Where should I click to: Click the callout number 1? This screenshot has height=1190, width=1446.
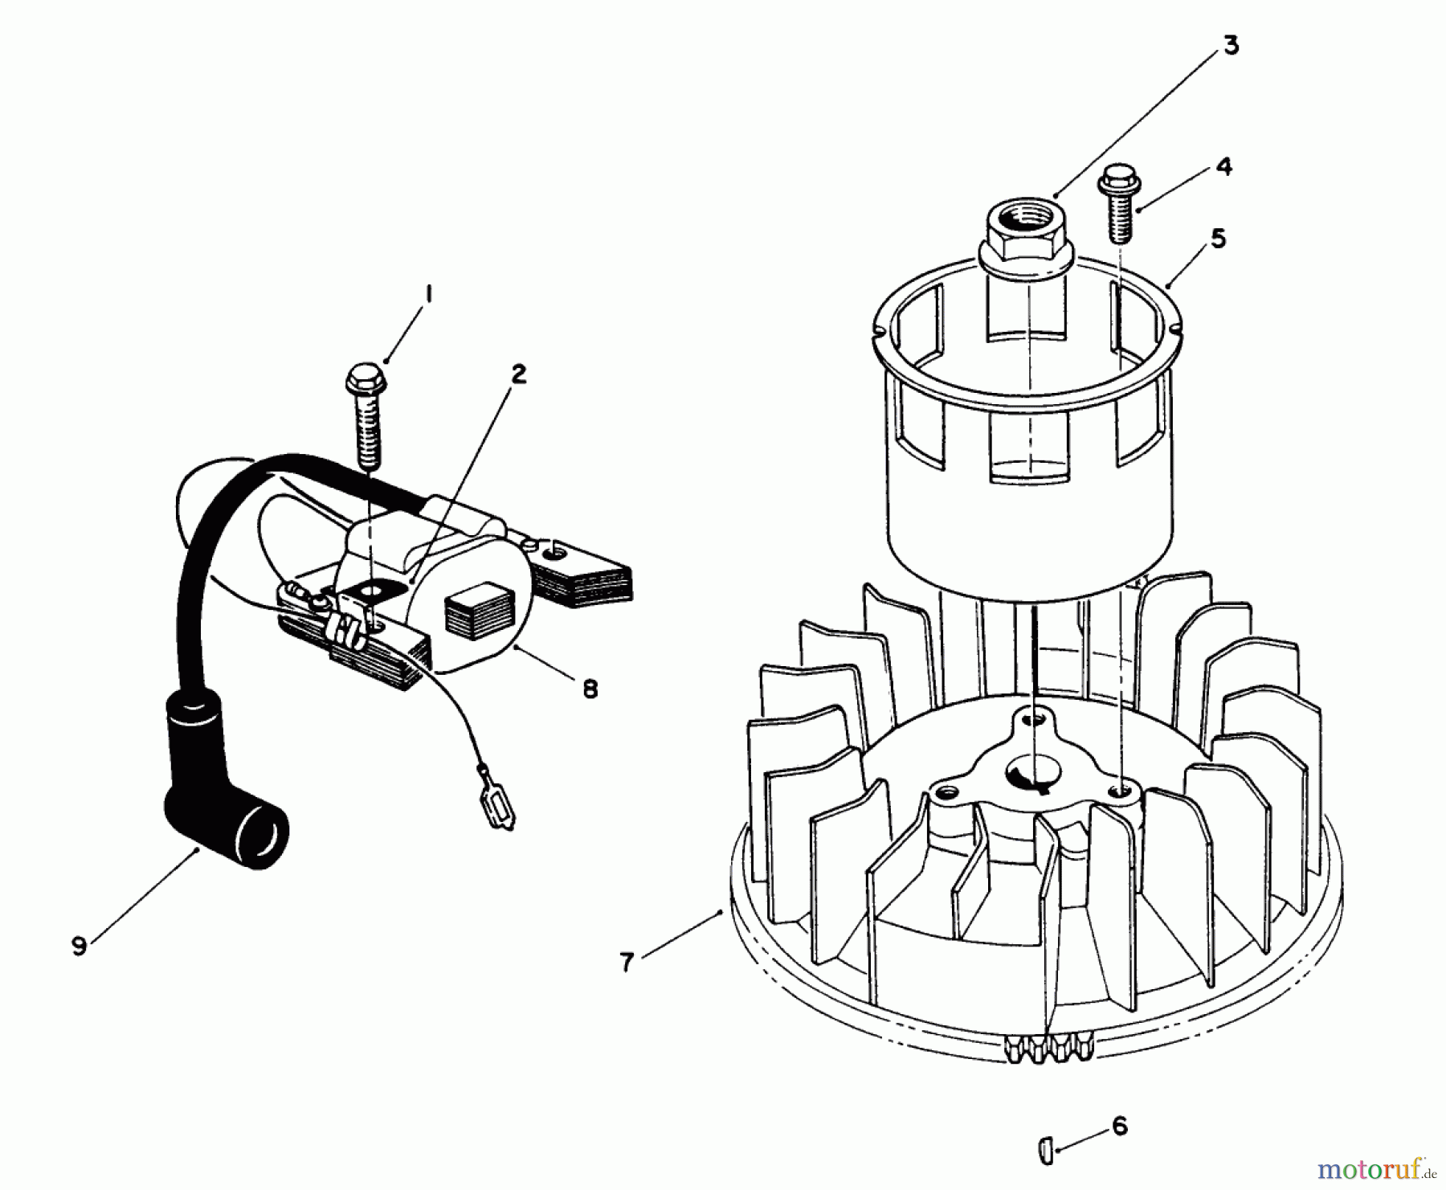(x=428, y=296)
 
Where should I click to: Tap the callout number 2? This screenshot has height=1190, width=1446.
(x=520, y=374)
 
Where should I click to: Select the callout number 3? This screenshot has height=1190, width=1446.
(x=1231, y=46)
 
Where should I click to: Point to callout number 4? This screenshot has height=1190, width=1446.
(x=1223, y=166)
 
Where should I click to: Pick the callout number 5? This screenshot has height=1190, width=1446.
(x=1218, y=239)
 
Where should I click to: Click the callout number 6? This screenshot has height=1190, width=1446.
(x=1120, y=1126)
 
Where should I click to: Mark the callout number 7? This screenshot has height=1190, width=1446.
(x=627, y=961)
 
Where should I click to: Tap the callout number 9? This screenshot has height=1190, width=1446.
(x=79, y=947)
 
